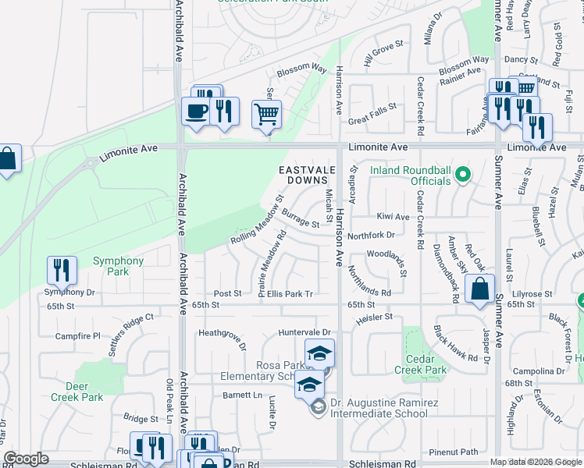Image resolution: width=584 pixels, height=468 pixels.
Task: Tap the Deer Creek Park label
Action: tap(84, 392)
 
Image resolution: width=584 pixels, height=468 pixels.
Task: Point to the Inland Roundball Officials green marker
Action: tap(462, 173)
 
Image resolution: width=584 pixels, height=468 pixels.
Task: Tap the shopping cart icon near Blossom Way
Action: tap(266, 115)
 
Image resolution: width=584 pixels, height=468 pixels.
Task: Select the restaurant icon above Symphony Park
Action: tap(61, 270)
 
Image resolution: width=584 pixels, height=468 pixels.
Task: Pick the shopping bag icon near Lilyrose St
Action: tap(480, 288)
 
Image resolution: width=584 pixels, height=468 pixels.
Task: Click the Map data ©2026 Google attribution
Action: tap(536, 462)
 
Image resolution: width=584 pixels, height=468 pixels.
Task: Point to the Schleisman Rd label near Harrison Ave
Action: tap(383, 463)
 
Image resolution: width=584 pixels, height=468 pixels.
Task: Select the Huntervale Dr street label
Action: tap(305, 333)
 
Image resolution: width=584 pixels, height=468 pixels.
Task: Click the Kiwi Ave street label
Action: tap(393, 217)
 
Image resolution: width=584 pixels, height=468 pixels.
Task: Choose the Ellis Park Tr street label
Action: tap(290, 294)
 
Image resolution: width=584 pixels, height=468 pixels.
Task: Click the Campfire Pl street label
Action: tap(78, 336)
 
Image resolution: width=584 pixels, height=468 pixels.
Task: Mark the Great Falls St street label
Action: tap(372, 120)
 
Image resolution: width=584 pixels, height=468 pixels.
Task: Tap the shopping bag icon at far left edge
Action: tap(8, 160)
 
